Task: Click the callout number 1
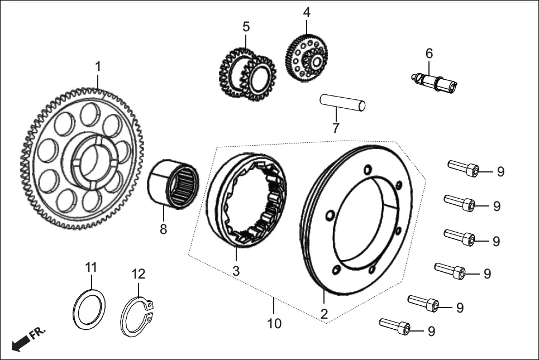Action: click(98, 66)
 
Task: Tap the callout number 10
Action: click(274, 323)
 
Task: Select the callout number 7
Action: click(336, 128)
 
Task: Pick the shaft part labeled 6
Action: click(435, 81)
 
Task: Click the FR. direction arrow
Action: click(21, 342)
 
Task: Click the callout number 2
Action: click(324, 314)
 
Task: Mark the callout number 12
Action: click(138, 274)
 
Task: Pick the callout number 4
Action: click(307, 12)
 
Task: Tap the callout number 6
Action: click(429, 54)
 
